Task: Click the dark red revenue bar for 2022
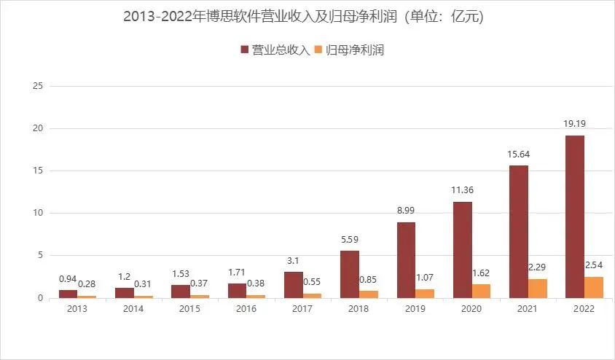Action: tap(574, 216)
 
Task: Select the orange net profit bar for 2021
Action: tap(537, 288)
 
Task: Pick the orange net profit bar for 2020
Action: tap(481, 291)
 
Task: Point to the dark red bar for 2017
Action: tap(293, 284)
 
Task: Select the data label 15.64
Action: tap(518, 154)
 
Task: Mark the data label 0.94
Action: tap(68, 279)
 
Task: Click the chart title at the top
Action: tap(307, 17)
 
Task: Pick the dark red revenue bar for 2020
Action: tap(462, 249)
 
